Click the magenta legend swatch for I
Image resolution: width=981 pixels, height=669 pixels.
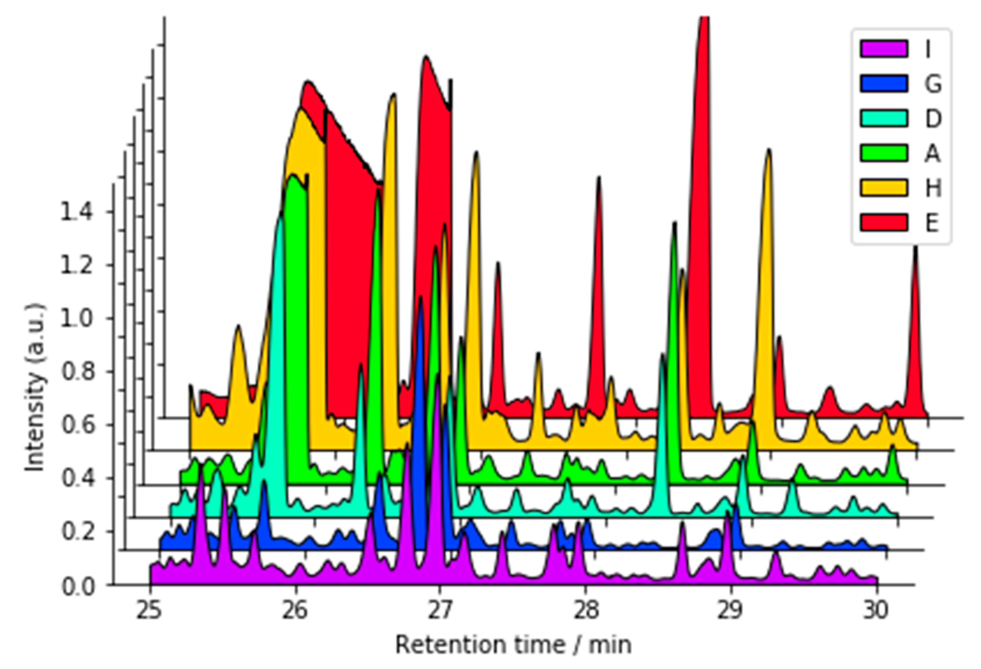pos(884,49)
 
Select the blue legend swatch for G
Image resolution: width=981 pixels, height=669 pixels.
pos(884,84)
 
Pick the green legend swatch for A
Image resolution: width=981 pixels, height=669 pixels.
pos(884,153)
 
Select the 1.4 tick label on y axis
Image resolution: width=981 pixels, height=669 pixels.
pos(76,212)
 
